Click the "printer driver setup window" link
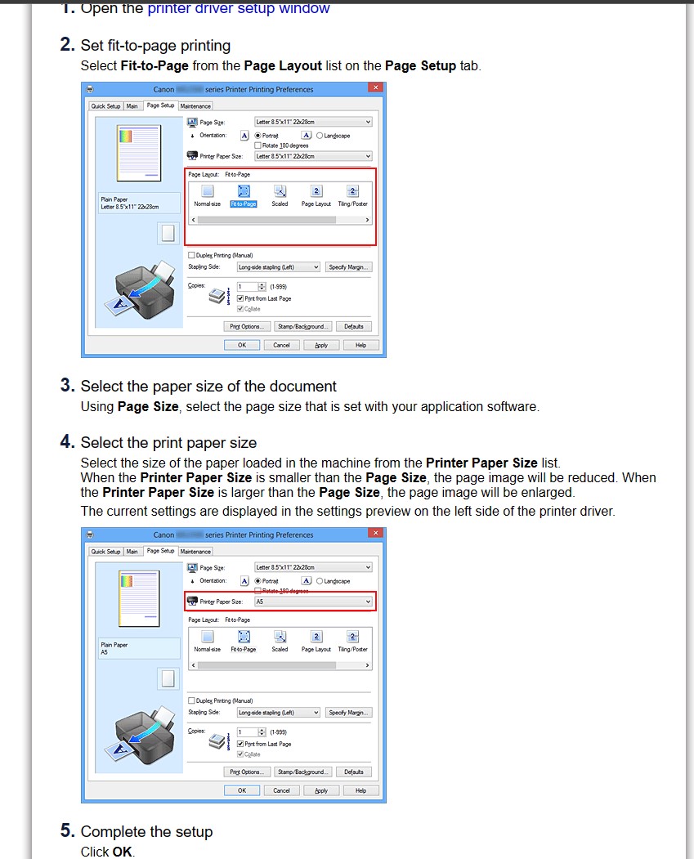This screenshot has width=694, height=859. pos(238,9)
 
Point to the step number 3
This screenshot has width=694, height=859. pos(67,386)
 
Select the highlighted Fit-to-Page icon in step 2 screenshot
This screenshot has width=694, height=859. pos(244,191)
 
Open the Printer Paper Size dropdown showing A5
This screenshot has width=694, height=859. pos(313,602)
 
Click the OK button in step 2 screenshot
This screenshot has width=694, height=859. pos(242,345)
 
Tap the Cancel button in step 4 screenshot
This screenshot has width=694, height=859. pos(281,790)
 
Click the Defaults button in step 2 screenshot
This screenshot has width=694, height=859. pos(354,326)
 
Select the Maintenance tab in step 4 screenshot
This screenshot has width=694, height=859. pos(195,552)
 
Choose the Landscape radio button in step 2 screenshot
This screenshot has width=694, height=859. pos(320,136)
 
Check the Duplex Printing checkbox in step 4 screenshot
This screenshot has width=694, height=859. pos(191,700)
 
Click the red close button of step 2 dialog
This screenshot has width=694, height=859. pos(376,88)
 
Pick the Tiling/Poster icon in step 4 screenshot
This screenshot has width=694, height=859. pos(353,637)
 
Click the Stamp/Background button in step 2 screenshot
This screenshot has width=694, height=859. pos(302,326)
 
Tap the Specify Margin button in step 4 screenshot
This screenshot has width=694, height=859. pos(349,713)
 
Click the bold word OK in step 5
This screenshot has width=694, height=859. pos(123,852)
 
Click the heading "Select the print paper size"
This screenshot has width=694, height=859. pos(168,443)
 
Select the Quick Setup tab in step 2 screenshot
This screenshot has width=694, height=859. pos(105,106)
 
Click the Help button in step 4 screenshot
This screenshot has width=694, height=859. pos(360,790)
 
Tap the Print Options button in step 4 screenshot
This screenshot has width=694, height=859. pos(245,772)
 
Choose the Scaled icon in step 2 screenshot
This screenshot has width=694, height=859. pos(280,191)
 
